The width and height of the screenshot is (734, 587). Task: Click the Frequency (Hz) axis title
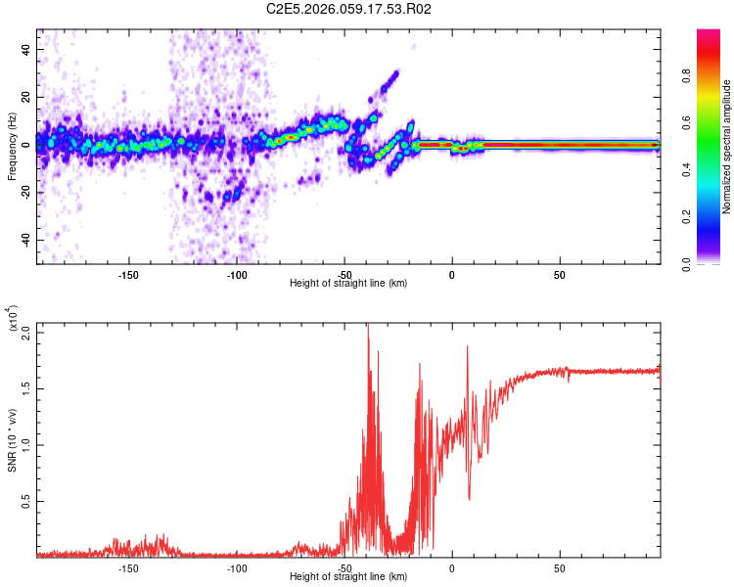click(x=13, y=148)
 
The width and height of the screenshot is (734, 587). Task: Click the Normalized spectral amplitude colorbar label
click(x=727, y=148)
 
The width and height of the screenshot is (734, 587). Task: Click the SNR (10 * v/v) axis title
click(x=13, y=440)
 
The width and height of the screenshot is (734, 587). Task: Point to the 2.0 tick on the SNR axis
click(x=26, y=333)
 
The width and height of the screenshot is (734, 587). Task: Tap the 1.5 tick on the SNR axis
click(x=26, y=388)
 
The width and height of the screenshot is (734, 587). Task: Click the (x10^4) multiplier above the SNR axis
click(x=13, y=319)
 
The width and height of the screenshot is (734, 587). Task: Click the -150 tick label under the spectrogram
click(x=128, y=275)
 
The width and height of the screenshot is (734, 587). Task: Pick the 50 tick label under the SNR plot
click(x=559, y=568)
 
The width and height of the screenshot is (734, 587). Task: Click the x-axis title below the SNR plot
click(x=348, y=577)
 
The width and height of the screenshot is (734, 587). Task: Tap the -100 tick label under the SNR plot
click(x=237, y=568)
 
